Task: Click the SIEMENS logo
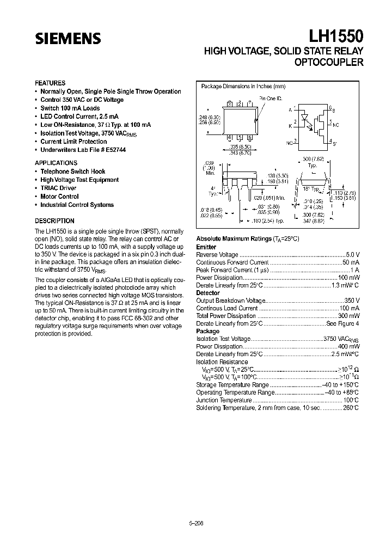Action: click(x=69, y=39)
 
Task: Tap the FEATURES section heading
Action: click(x=50, y=83)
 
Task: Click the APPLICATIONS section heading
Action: click(x=56, y=163)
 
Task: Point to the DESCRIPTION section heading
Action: click(x=54, y=221)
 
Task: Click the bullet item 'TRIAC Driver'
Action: click(x=58, y=188)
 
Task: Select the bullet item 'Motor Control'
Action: click(x=59, y=197)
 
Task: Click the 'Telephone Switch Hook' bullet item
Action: click(x=73, y=171)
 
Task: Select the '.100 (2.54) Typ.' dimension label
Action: click(x=268, y=222)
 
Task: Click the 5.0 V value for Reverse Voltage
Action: click(x=353, y=254)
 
